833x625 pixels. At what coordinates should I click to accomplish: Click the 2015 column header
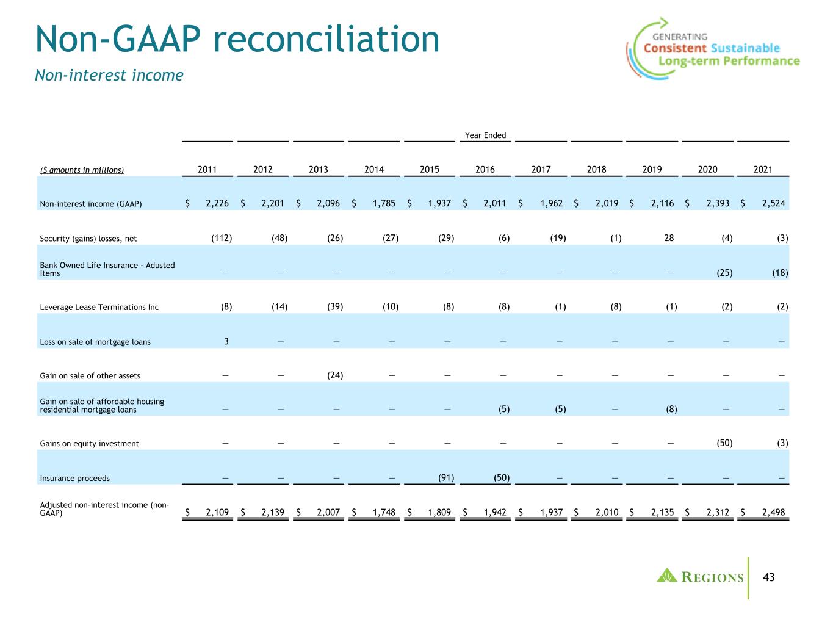point(429,169)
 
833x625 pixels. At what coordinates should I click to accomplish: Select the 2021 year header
point(762,169)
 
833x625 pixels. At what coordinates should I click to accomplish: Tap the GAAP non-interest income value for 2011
point(217,203)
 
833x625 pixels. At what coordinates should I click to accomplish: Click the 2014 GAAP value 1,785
point(384,203)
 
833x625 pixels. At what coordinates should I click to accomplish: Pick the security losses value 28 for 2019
point(669,238)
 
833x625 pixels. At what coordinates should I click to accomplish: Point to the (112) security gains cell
point(222,238)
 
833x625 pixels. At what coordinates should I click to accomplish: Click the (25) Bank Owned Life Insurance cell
point(724,272)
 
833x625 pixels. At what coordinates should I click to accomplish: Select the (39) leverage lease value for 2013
point(335,306)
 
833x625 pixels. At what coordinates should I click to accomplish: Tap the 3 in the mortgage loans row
point(226,341)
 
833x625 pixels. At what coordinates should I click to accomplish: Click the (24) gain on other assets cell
point(335,375)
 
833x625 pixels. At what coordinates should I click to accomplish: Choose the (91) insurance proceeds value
point(446,477)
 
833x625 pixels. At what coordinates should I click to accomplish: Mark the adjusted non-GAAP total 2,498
point(773,512)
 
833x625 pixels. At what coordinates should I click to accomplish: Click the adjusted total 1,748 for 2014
point(384,512)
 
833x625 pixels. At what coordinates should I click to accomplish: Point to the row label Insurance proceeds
point(75,478)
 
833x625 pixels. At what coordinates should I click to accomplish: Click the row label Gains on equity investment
point(89,444)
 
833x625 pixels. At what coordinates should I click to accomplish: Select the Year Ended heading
point(485,135)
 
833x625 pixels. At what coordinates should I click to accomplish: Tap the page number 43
point(768,577)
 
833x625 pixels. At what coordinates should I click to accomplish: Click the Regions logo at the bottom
point(700,576)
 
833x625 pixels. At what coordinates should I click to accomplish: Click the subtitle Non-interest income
point(109,75)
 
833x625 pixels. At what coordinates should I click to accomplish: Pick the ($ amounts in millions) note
point(82,170)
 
